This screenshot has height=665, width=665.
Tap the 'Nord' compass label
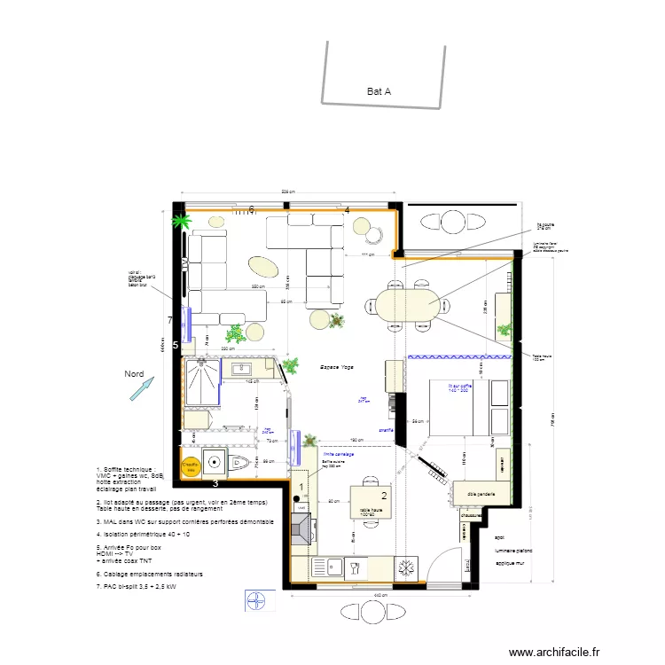coord(134,374)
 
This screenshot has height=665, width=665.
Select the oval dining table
coord(406,304)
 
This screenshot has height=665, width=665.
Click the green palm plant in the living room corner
coord(182,220)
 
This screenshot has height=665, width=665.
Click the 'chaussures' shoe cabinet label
coord(471,515)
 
